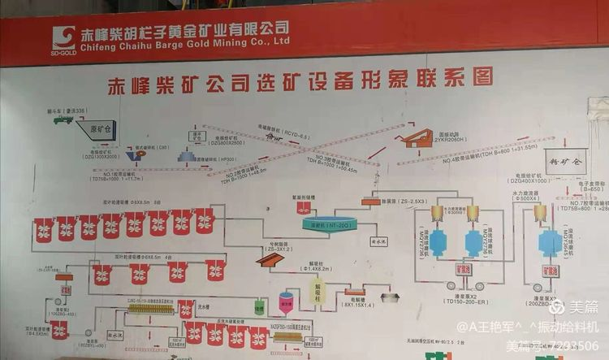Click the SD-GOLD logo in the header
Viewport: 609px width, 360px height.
[63, 38]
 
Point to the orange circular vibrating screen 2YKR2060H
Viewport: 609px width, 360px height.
[421, 139]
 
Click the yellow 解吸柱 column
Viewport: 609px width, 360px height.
[318, 290]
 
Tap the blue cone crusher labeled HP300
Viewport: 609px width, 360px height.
[187, 154]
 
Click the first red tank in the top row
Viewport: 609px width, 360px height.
[43, 230]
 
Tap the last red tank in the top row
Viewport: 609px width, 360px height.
[204, 220]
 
